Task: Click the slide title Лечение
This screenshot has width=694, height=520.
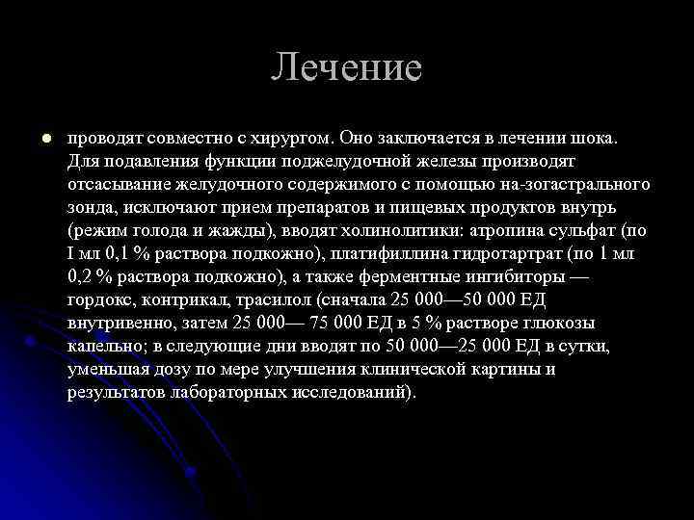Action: click(x=346, y=67)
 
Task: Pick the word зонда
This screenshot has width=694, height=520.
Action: click(x=91, y=206)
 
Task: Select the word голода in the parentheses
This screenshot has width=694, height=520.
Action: click(x=153, y=229)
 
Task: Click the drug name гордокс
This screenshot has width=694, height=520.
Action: click(x=97, y=299)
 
